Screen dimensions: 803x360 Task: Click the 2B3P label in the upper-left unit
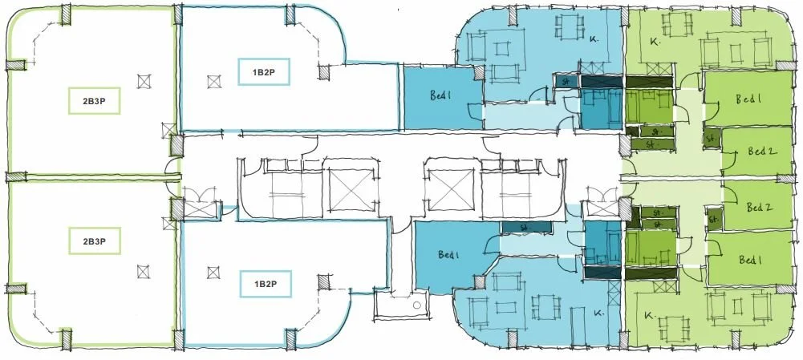pos(95,103)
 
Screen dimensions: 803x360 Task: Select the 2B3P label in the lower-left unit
pos(95,241)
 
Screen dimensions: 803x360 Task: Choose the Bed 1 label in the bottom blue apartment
pos(449,255)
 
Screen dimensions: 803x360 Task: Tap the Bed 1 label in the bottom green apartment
pos(751,260)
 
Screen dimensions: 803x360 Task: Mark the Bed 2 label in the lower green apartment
pos(759,207)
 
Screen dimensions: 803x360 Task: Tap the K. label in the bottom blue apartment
pos(597,313)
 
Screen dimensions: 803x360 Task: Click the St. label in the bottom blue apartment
pos(526,228)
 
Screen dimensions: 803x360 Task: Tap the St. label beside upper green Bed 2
pos(711,138)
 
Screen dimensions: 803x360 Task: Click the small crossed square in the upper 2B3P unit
pos(144,81)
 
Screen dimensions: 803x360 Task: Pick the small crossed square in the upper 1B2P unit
pos(213,81)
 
